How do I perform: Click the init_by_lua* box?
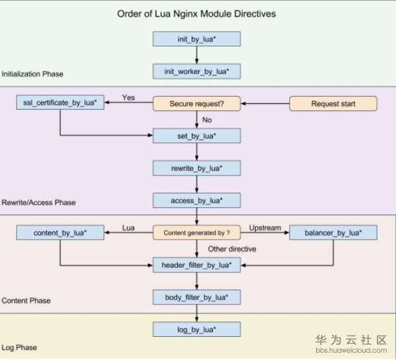pyautogui.click(x=197, y=38)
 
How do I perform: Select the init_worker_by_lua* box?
pyautogui.click(x=197, y=71)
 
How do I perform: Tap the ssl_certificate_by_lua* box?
pyautogui.click(x=60, y=103)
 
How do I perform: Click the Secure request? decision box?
pyautogui.click(x=197, y=103)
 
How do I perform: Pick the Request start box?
pyautogui.click(x=333, y=103)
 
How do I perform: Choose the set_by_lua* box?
pyautogui.click(x=197, y=136)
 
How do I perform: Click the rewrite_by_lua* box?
pyautogui.click(x=197, y=168)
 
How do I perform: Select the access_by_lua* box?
pyautogui.click(x=197, y=201)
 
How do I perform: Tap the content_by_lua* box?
pyautogui.click(x=60, y=232)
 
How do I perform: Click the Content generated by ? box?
pyautogui.click(x=197, y=232)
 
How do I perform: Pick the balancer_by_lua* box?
pyautogui.click(x=333, y=232)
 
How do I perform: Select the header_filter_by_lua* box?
pyautogui.click(x=197, y=265)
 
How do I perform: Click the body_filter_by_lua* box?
pyautogui.click(x=197, y=297)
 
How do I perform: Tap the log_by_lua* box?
pyautogui.click(x=197, y=330)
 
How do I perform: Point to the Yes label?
pyautogui.click(x=128, y=97)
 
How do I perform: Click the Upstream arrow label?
pyautogui.click(x=265, y=228)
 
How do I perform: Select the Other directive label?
pyautogui.click(x=232, y=249)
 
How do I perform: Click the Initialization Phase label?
pyautogui.click(x=32, y=74)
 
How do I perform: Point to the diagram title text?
pyautogui.click(x=196, y=14)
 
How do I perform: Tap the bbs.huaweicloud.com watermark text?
pyautogui.click(x=351, y=350)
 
